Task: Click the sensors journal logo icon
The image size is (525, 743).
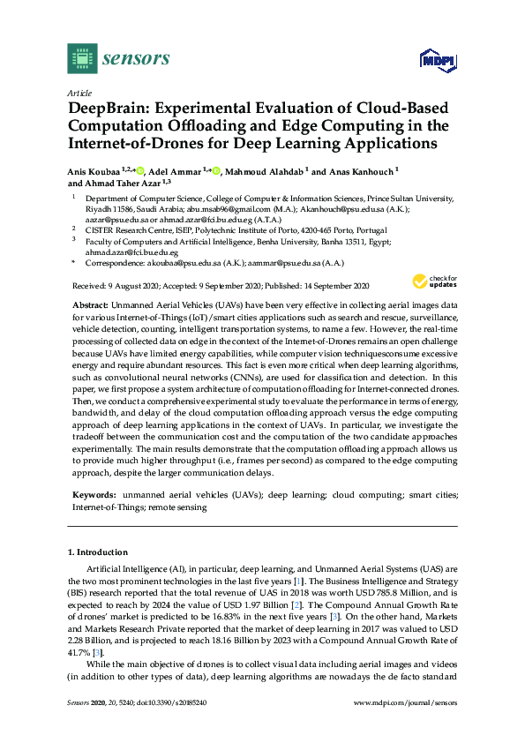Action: [x=82, y=58]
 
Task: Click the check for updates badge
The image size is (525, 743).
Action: [x=430, y=282]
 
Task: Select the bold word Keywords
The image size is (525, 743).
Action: [x=93, y=497]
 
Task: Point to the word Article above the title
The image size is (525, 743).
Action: [x=79, y=92]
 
